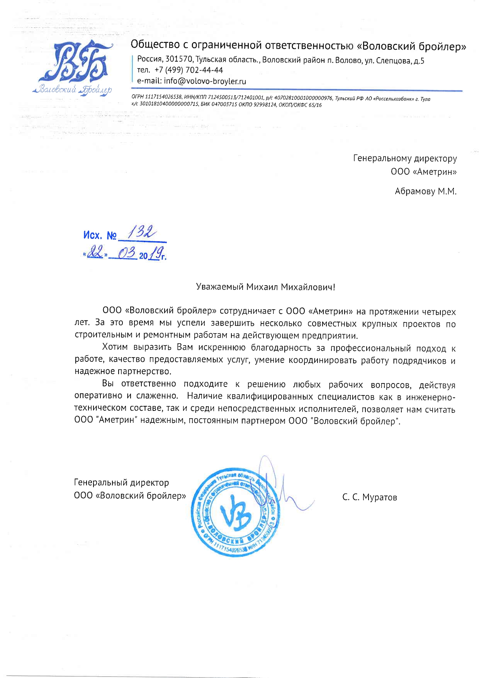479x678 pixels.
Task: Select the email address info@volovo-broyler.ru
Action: coord(205,81)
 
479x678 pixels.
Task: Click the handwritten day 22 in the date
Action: coord(95,254)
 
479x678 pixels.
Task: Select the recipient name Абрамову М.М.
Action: coord(425,191)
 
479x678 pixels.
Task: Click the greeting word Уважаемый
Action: coord(220,287)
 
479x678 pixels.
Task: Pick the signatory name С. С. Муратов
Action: coord(369,497)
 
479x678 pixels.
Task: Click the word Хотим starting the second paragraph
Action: coord(115,348)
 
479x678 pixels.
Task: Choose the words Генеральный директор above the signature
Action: coord(121,483)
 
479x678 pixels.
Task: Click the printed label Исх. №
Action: coord(100,235)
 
